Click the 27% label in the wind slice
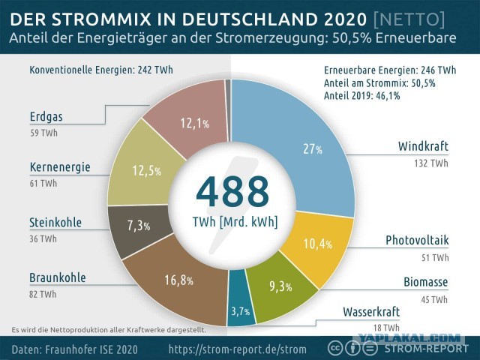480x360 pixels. pos(313,149)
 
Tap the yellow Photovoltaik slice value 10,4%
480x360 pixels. pos(318,244)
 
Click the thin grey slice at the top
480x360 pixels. pos(228,110)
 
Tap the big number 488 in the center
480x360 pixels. pos(232,192)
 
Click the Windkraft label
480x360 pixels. pos(423,146)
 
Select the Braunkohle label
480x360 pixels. pos(58,277)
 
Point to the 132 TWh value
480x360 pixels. pos(431,163)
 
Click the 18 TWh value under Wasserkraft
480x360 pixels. pos(386,328)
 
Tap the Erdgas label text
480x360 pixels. pos(46,117)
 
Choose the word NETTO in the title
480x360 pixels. pos(409,19)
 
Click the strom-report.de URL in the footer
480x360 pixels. pos(237,349)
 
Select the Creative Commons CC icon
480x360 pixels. pos(335,348)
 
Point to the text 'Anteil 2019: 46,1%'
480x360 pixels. pos(361,96)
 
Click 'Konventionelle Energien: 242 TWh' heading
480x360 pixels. pos(101,70)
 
